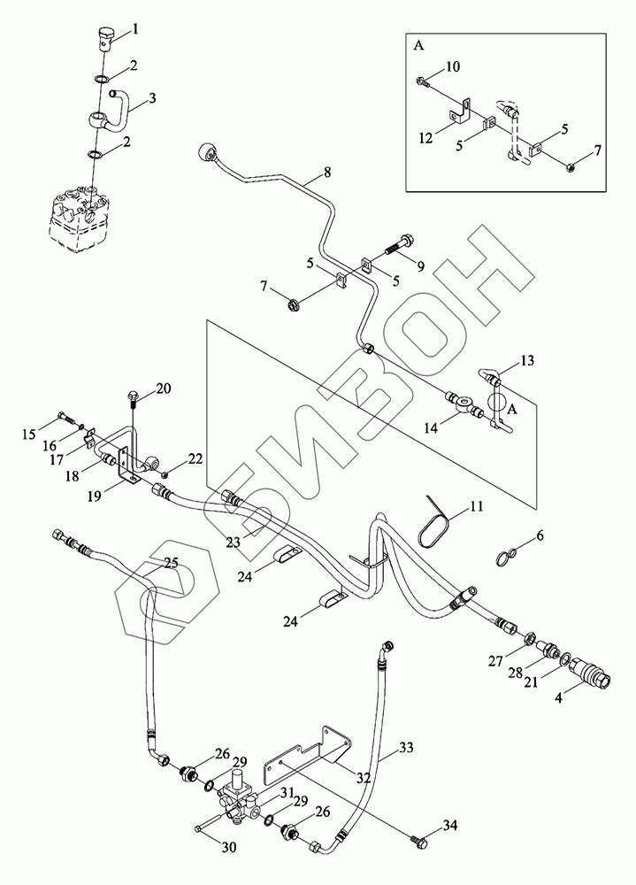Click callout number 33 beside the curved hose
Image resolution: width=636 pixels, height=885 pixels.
[x=405, y=749]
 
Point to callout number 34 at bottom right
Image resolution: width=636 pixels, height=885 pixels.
[x=450, y=827]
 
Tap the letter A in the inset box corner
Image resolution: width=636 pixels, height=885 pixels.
[x=417, y=41]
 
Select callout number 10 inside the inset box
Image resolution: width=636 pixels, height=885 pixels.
[x=452, y=66]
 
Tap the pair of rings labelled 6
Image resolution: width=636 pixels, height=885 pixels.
[x=506, y=557]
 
